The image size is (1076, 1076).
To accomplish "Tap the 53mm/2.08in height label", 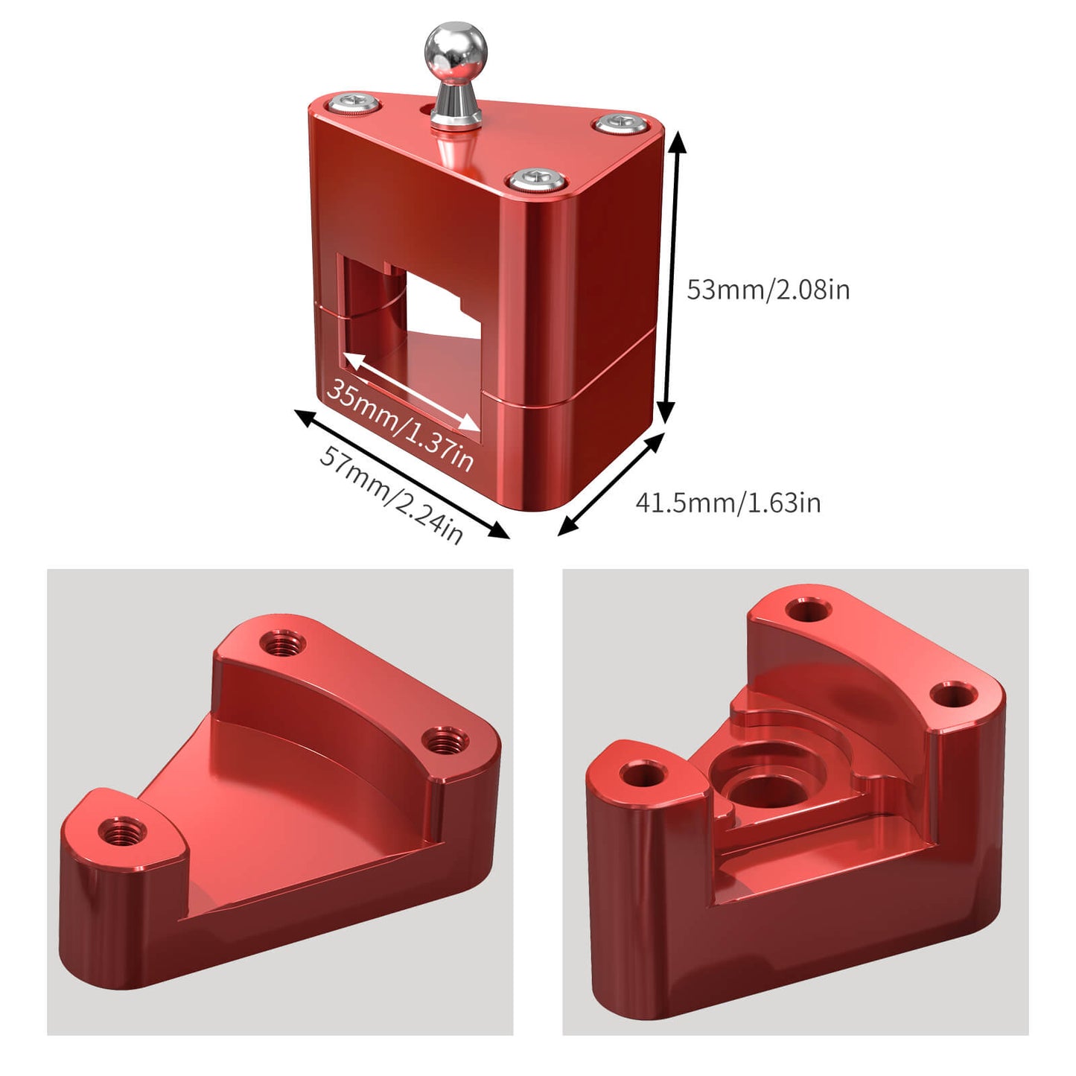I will (x=768, y=289).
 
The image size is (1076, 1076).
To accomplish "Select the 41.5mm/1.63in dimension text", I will (x=728, y=503).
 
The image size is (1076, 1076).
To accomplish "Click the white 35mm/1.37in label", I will (x=400, y=424).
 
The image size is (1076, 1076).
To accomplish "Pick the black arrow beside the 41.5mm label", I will (x=611, y=484).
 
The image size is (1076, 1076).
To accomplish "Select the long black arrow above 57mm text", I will (x=402, y=474).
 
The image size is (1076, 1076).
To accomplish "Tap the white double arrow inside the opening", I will (x=412, y=393).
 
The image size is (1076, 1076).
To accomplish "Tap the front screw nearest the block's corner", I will (x=536, y=179).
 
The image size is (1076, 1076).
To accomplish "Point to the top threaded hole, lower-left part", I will (x=283, y=642).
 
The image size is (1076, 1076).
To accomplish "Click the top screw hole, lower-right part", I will (x=808, y=611).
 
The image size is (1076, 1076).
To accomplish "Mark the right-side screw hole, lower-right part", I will (x=954, y=696).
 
